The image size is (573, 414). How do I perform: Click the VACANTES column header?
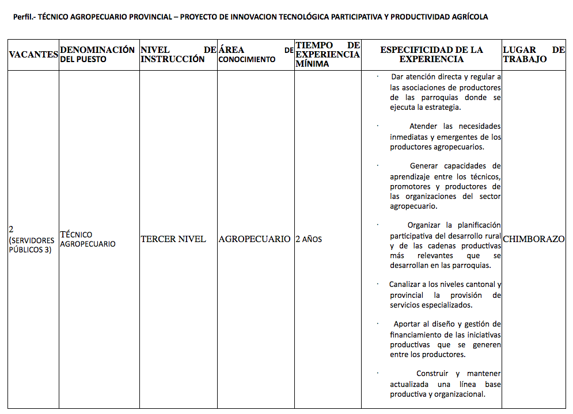tap(33, 55)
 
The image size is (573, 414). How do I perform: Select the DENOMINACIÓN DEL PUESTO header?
tap(97, 54)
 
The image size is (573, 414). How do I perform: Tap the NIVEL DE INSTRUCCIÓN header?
tap(178, 54)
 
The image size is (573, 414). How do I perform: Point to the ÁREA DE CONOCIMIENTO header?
tap(256, 55)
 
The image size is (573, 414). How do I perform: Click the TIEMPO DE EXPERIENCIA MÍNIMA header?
tap(328, 54)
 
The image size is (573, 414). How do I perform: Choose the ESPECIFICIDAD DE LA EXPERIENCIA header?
tap(431, 54)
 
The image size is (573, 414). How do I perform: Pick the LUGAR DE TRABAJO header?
tap(533, 54)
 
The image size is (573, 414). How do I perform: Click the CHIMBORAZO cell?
tap(534, 239)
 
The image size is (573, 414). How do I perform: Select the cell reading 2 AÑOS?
tap(309, 239)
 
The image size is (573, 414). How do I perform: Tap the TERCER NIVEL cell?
tap(173, 239)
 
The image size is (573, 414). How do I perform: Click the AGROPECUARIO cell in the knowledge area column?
tap(255, 239)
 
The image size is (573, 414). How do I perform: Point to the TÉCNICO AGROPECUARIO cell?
tap(88, 239)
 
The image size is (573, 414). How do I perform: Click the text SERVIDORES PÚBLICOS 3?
tap(32, 245)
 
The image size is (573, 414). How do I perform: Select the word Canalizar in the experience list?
tap(407, 284)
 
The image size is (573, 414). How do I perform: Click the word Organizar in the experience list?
tap(425, 225)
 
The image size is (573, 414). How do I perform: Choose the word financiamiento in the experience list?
tap(418, 334)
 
